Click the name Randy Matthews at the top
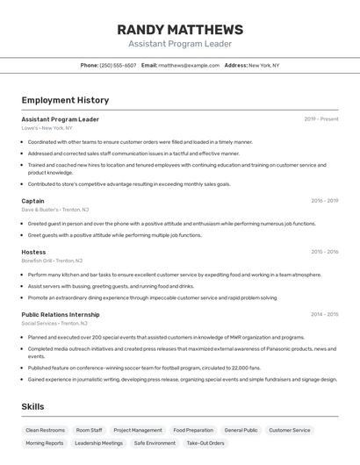pyautogui.click(x=180, y=29)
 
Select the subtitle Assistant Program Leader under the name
pyautogui.click(x=180, y=44)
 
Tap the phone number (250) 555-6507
pyautogui.click(x=118, y=65)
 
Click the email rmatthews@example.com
pyautogui.click(x=189, y=65)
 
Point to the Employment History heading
pyautogui.click(x=65, y=100)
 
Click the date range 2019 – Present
pyautogui.click(x=321, y=119)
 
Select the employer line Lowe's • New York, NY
pyautogui.click(x=47, y=128)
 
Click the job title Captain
pyautogui.click(x=32, y=201)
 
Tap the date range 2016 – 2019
pyautogui.click(x=324, y=201)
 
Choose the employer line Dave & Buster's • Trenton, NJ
pyautogui.click(x=55, y=210)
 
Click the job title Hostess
pyautogui.click(x=33, y=252)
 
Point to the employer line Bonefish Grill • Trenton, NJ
pyautogui.click(x=52, y=261)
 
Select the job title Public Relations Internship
pyautogui.click(x=61, y=314)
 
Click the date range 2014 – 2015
pyautogui.click(x=324, y=314)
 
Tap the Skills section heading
pyautogui.click(x=32, y=407)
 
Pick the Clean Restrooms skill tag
pyautogui.click(x=46, y=431)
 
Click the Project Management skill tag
pyautogui.click(x=138, y=431)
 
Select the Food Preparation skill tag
pyautogui.click(x=193, y=431)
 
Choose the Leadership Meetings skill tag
pyautogui.click(x=98, y=444)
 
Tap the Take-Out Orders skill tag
pyautogui.click(x=205, y=444)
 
